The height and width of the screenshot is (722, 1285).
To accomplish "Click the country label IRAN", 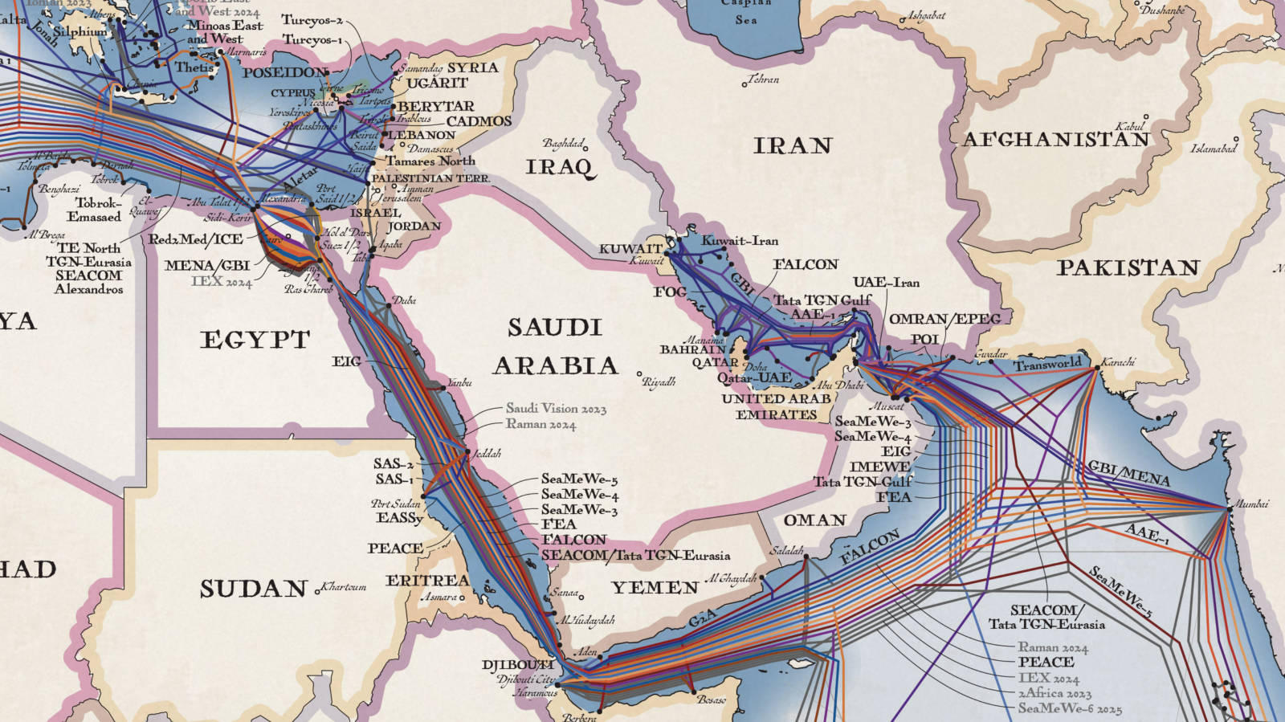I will tap(792, 146).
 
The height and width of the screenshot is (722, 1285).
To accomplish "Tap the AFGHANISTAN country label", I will tap(1055, 140).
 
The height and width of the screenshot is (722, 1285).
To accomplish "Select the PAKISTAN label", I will tap(1128, 268).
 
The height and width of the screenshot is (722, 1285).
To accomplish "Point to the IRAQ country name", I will tap(560, 167).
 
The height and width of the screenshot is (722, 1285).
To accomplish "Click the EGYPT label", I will tap(255, 341).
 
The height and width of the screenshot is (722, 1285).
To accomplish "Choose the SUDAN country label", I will tap(254, 589).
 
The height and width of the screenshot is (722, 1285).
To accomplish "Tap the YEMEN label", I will tap(655, 588).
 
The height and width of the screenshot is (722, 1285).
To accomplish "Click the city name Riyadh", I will tap(659, 382).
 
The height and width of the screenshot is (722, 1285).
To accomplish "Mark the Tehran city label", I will tap(763, 80).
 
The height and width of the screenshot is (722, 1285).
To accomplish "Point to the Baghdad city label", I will tap(562, 144).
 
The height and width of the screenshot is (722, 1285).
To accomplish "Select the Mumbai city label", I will tap(1251, 504).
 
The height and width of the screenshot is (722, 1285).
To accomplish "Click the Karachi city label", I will tap(1118, 362).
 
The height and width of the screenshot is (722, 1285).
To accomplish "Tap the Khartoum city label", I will tap(344, 587).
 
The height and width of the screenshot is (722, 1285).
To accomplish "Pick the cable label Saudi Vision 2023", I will tap(556, 409).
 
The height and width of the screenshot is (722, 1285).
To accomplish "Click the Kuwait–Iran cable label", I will tap(740, 241).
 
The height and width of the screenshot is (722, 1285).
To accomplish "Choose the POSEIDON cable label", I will tap(285, 72).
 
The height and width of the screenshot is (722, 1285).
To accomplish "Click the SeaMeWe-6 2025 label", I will tap(1070, 708).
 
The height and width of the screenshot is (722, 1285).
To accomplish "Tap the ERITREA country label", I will tap(427, 581).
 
